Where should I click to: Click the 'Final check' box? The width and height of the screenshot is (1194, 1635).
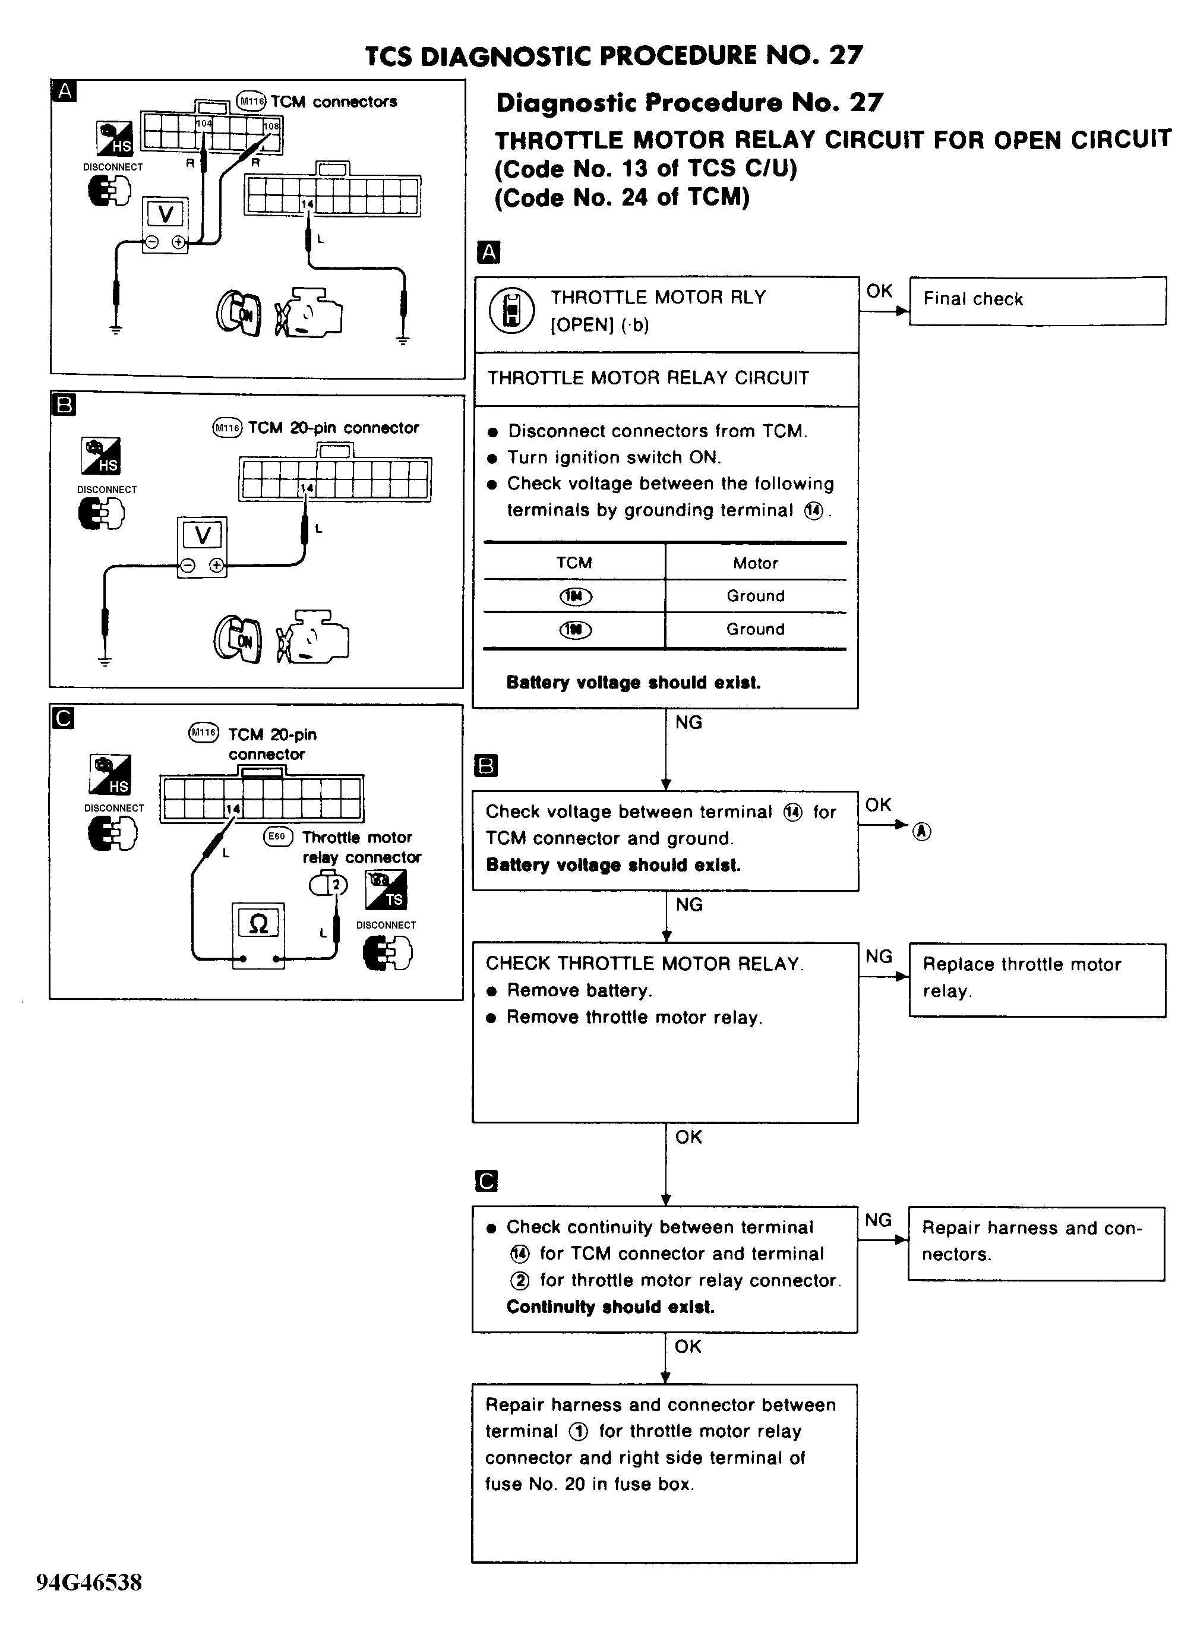[1037, 300]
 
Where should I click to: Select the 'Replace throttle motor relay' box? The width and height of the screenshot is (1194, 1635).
[1037, 980]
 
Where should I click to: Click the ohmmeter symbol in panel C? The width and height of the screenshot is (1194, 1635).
[258, 924]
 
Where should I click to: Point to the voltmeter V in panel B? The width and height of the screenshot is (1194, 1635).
[203, 536]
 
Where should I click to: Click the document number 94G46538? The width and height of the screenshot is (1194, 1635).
[89, 1582]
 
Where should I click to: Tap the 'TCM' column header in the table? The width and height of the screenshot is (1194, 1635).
[574, 563]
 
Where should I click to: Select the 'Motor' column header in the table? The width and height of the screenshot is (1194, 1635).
[755, 563]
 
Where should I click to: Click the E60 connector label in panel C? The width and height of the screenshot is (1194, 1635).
[277, 837]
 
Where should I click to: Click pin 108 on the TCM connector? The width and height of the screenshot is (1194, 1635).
[270, 127]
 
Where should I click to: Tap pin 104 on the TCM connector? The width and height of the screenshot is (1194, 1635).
[204, 124]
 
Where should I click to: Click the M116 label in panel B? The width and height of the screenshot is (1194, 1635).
[227, 427]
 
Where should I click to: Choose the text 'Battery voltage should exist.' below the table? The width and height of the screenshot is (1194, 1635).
[633, 682]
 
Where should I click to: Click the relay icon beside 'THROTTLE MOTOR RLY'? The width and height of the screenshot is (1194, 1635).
[511, 311]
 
